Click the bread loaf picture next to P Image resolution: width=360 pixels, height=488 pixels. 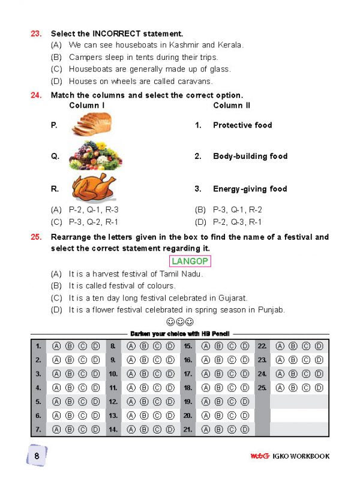(91, 125)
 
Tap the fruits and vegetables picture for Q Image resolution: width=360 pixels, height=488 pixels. (95, 156)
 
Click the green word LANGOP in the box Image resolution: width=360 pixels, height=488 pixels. (190, 261)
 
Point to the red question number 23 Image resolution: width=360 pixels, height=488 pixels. (36, 34)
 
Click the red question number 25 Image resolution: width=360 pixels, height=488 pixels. (36, 237)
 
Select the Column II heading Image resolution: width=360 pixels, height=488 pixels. (232, 106)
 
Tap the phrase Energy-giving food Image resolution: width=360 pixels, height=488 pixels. (250, 189)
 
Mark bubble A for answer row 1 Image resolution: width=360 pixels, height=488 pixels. (56, 346)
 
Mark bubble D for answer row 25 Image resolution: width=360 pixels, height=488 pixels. (319, 388)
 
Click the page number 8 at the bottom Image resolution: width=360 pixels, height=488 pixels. (37, 456)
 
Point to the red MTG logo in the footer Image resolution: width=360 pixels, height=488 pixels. (259, 456)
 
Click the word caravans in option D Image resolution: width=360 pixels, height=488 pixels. (195, 81)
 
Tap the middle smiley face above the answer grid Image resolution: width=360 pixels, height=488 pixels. (179, 322)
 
